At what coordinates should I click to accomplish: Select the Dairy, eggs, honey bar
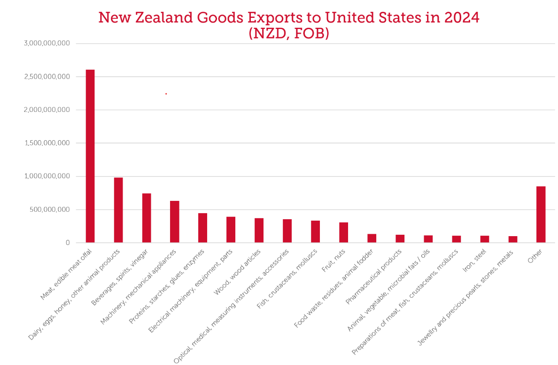[x=118, y=210]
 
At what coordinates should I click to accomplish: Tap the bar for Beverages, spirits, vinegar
[x=147, y=218]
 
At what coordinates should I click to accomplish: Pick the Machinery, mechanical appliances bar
[x=175, y=222]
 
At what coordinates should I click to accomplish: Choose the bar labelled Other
[x=541, y=214]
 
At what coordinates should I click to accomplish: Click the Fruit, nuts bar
[x=344, y=232]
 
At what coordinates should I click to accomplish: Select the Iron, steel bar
[x=484, y=239]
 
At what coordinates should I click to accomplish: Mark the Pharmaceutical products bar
[x=400, y=238]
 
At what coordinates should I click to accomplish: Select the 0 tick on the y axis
[x=68, y=243]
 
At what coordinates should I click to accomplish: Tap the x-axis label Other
[x=535, y=256]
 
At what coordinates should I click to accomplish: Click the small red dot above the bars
[x=166, y=94]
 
